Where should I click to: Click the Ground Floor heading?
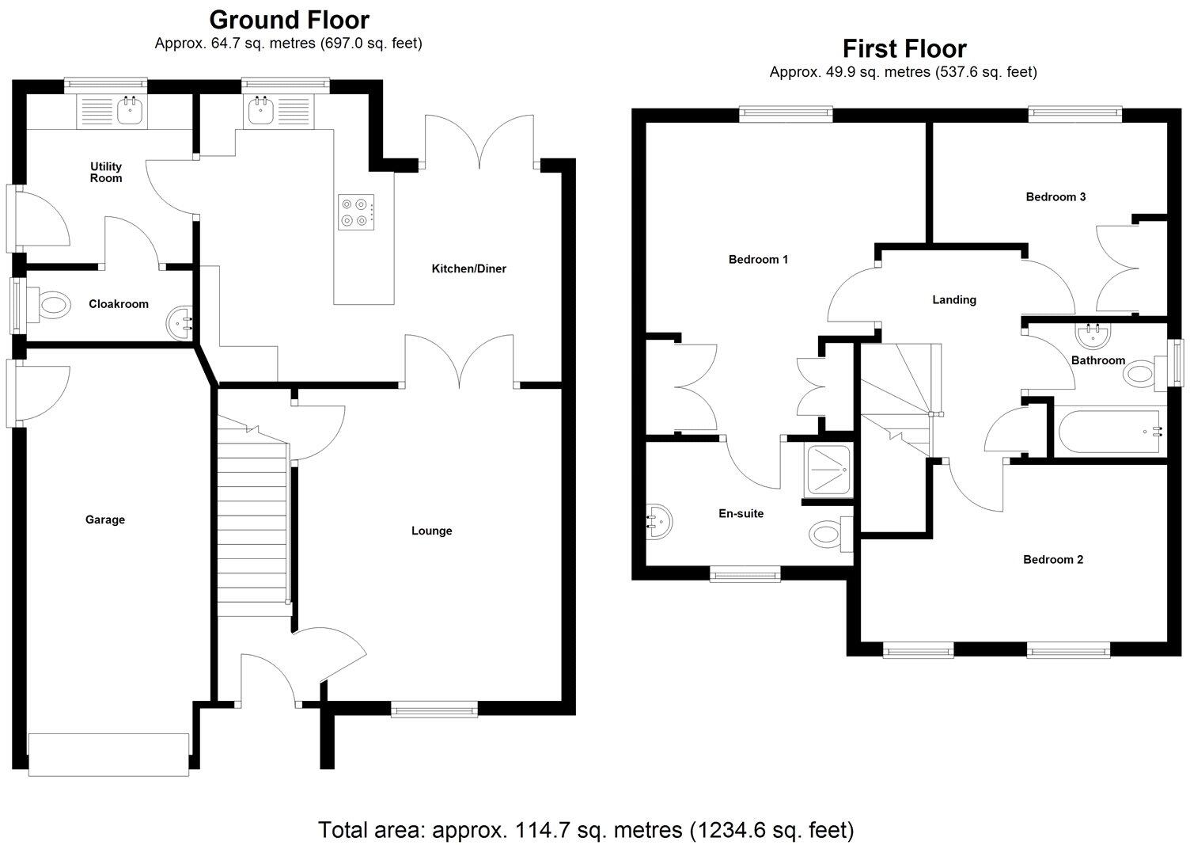click(x=289, y=19)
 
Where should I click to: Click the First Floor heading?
click(x=904, y=49)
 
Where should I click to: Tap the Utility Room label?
click(x=106, y=172)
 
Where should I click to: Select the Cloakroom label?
click(x=119, y=304)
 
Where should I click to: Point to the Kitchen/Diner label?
click(x=468, y=268)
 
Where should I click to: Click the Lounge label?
click(x=431, y=531)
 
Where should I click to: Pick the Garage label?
click(x=105, y=520)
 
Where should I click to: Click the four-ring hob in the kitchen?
click(x=355, y=212)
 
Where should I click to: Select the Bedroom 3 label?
click(x=1055, y=196)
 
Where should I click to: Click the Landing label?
click(x=953, y=299)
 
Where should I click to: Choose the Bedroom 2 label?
click(x=1053, y=559)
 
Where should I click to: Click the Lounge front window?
click(x=434, y=710)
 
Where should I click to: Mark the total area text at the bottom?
click(x=586, y=830)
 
